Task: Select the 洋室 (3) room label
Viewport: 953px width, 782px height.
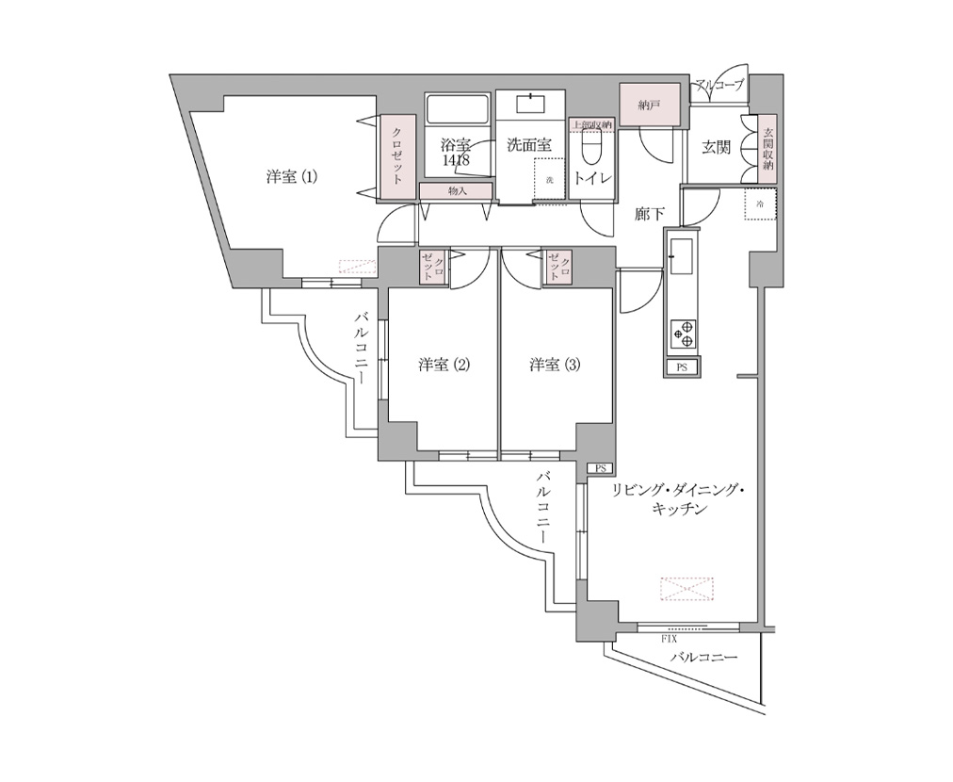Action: (x=554, y=365)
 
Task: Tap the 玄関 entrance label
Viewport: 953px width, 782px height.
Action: (x=717, y=147)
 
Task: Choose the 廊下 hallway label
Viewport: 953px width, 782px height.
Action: (x=650, y=215)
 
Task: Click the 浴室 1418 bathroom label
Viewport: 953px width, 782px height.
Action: (x=456, y=153)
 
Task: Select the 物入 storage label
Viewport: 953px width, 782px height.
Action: (x=457, y=191)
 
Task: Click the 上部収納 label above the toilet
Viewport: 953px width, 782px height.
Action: (x=591, y=123)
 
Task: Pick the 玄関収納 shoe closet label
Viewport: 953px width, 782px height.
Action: (x=768, y=149)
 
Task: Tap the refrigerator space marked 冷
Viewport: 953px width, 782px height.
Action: (x=760, y=204)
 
